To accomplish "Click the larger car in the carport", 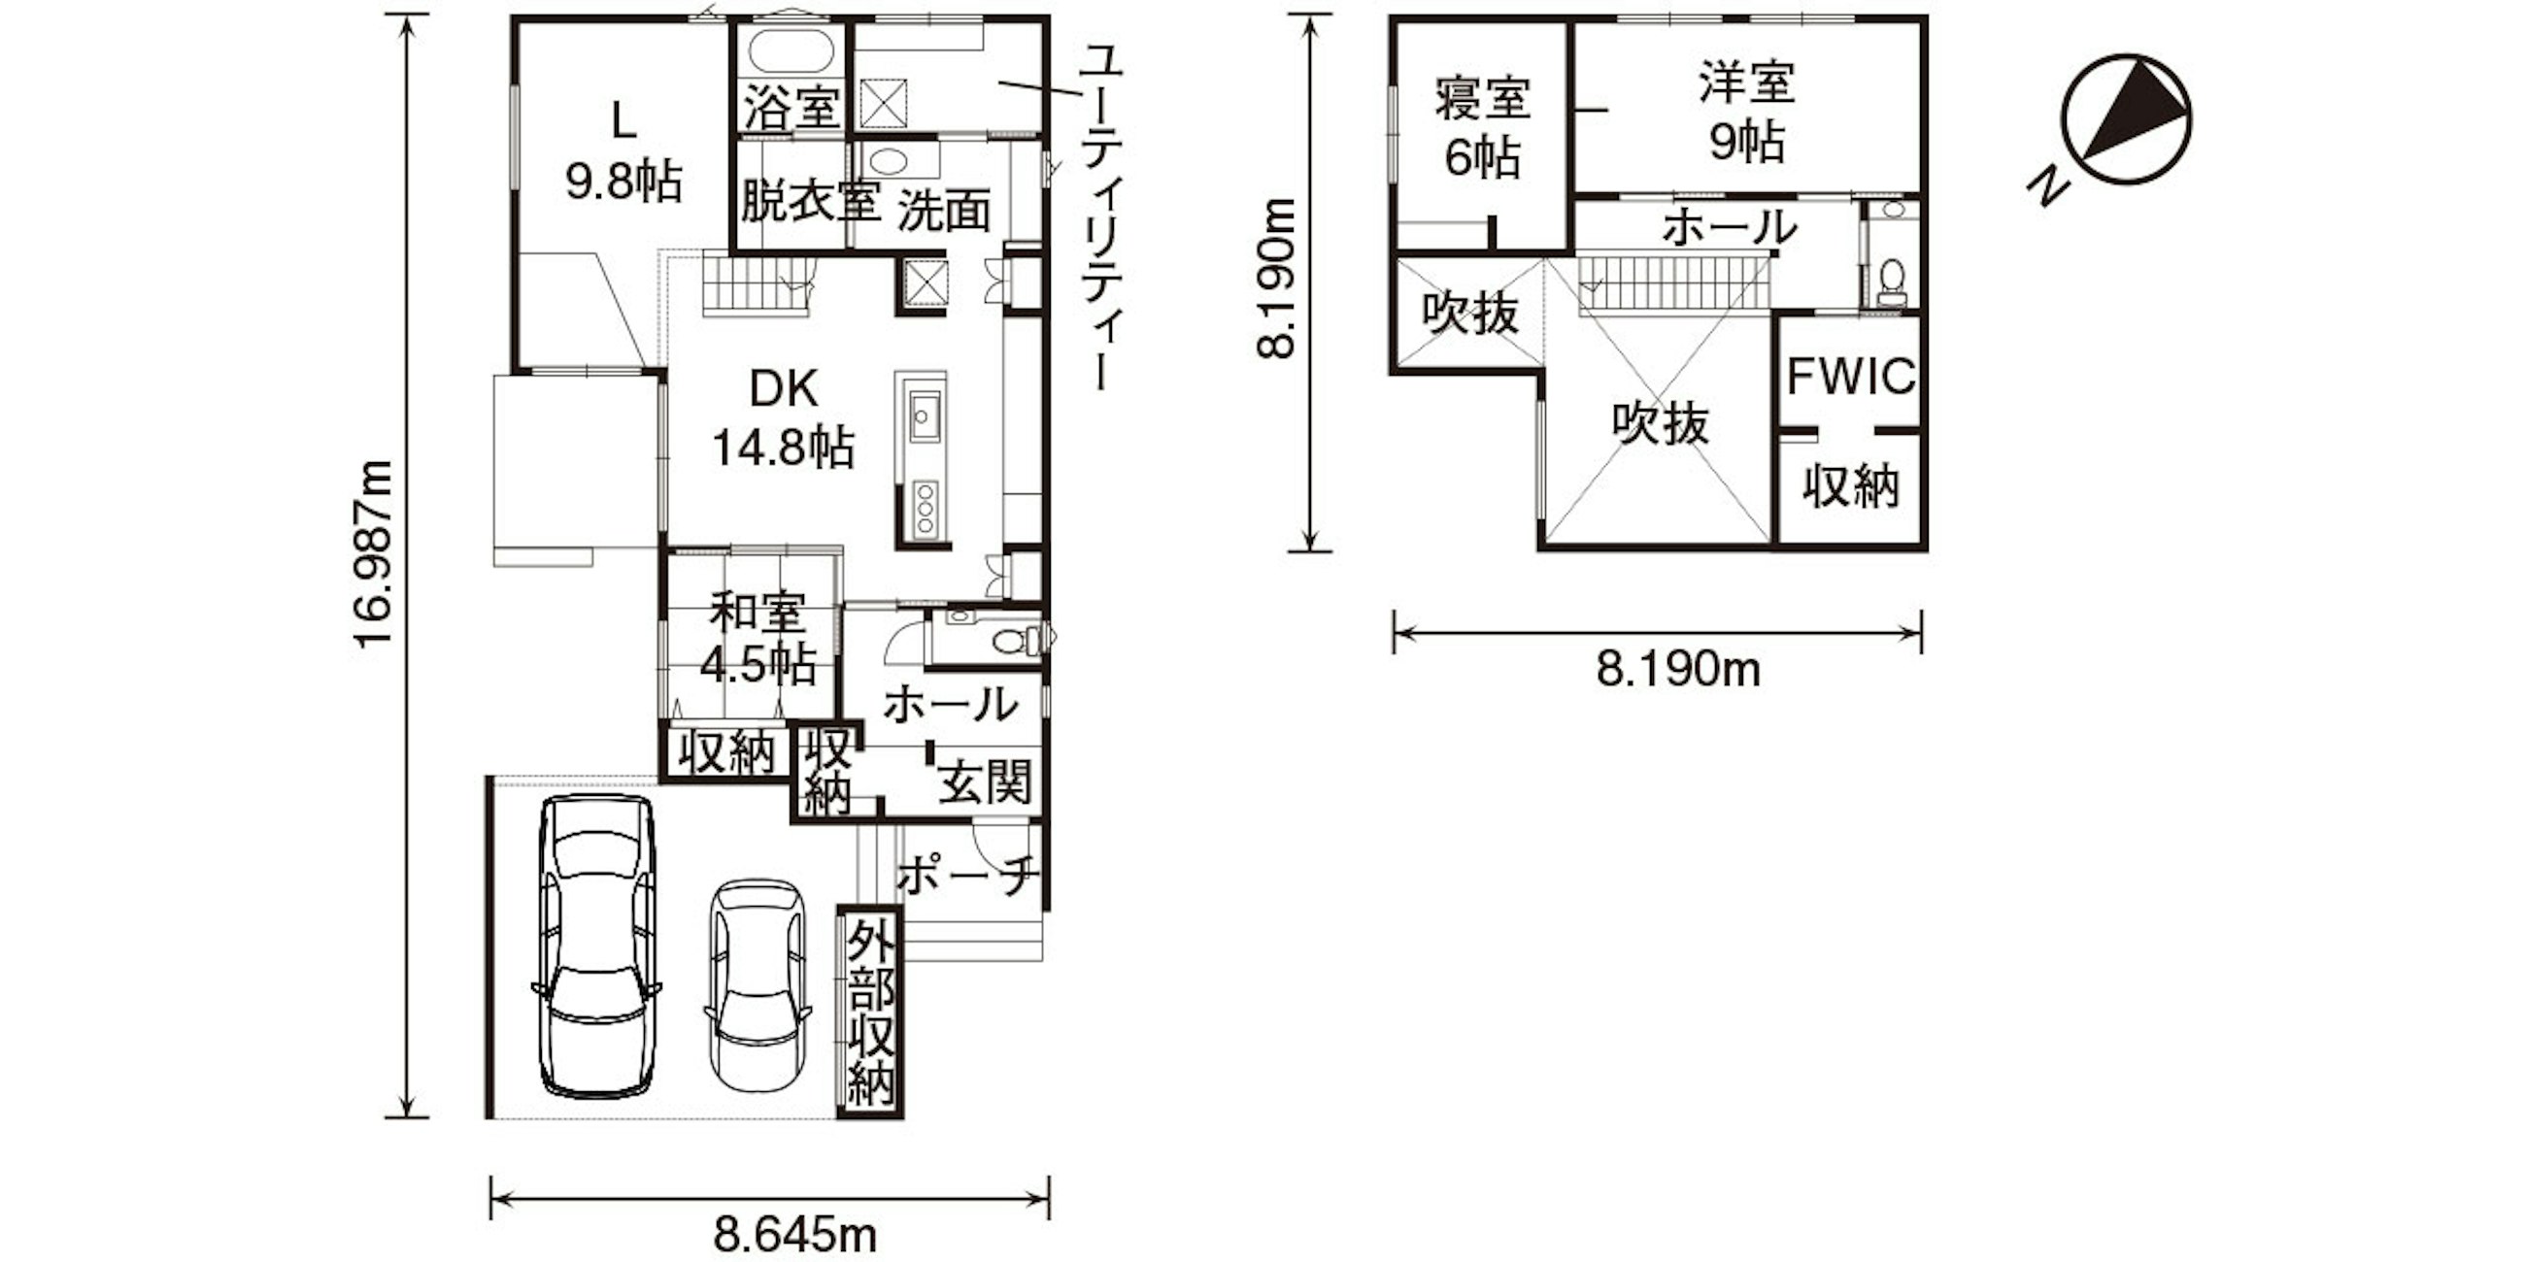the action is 596,946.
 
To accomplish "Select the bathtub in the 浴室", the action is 791,50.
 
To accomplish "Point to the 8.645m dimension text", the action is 795,1234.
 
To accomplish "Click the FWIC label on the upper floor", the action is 1851,377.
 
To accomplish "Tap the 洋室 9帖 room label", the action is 1748,113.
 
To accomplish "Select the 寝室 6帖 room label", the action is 1483,126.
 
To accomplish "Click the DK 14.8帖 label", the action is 783,419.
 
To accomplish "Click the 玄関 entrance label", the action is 985,782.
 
